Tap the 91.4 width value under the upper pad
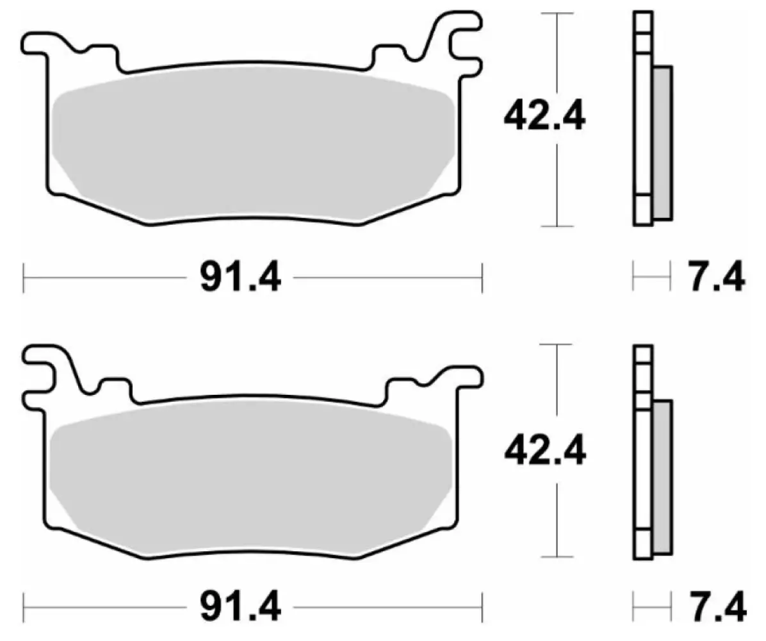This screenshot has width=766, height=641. pyautogui.click(x=240, y=278)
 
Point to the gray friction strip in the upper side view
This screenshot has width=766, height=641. pyautogui.click(x=662, y=141)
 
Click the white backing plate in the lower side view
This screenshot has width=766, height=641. pyautogui.click(x=642, y=462)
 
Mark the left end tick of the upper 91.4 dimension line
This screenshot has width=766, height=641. pyautogui.click(x=24, y=278)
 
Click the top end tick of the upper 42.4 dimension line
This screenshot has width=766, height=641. pyautogui.click(x=555, y=13)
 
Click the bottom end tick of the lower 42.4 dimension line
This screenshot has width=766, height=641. pyautogui.click(x=555, y=556)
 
